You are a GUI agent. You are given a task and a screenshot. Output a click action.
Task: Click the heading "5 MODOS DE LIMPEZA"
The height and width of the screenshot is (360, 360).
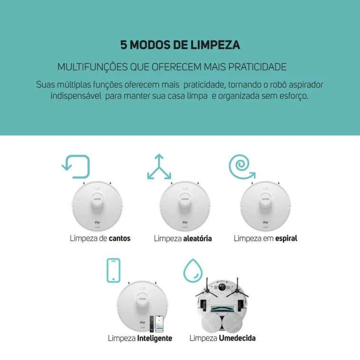coord(180,45)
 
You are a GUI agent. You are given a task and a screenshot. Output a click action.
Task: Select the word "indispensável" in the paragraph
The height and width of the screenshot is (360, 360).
coord(74,96)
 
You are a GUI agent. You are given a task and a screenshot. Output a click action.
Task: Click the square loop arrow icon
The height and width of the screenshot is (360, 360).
coord(77,166)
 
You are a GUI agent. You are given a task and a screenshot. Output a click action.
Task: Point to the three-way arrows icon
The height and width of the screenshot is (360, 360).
coord(159,167)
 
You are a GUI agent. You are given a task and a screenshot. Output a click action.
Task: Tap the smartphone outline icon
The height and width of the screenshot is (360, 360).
coord(113,271)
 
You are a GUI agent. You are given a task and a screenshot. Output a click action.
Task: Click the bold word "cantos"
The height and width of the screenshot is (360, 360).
coord(119,238)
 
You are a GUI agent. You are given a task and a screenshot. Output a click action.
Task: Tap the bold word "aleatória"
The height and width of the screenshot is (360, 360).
coord(197,238)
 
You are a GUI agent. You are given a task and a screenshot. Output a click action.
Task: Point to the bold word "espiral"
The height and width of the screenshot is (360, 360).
coord(286,238)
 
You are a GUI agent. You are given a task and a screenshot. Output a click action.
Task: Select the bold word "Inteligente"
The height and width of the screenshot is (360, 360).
coord(155,339)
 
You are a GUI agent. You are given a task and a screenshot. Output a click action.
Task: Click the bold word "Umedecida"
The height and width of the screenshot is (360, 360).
coord(237,339)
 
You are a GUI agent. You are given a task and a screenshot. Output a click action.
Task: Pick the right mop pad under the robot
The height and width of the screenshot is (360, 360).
coord(233,322)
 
